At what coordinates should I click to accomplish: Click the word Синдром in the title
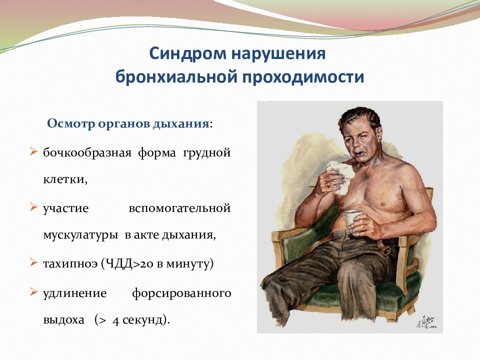point(187,54)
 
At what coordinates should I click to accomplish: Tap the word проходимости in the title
point(303,77)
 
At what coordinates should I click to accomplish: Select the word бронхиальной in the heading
point(176,76)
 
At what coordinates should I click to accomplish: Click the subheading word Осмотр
point(71,124)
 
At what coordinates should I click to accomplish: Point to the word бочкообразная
point(87,152)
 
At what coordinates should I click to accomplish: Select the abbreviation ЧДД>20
point(129,263)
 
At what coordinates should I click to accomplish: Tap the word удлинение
point(74,293)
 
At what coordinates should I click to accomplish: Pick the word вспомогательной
point(179,208)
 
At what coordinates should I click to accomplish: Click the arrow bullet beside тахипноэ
point(33,262)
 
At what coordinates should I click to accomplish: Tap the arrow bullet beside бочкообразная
point(33,151)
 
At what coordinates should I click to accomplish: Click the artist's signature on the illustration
point(426,321)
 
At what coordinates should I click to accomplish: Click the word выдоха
point(63,320)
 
